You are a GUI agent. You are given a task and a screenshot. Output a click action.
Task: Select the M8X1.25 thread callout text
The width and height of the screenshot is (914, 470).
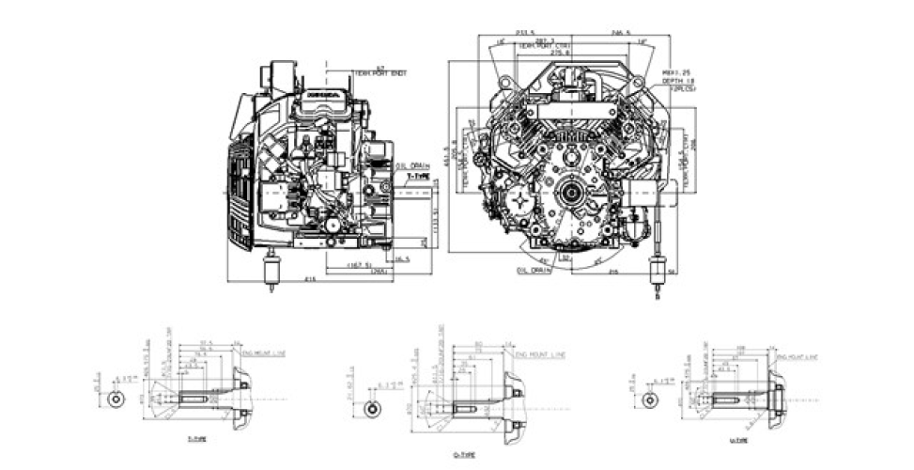click(x=677, y=72)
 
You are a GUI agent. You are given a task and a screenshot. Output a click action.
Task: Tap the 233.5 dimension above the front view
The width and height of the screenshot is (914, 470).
click(x=514, y=30)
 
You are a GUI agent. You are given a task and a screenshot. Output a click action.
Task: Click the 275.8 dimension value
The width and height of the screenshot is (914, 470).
click(x=561, y=53)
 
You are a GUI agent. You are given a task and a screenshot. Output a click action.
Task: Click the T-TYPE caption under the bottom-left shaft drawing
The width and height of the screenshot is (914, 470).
click(x=197, y=439)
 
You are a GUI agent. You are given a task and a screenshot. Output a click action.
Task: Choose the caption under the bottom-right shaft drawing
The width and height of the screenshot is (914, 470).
click(x=739, y=439)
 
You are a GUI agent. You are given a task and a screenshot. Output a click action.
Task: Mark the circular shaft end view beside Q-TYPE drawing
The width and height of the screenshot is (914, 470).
click(x=373, y=411)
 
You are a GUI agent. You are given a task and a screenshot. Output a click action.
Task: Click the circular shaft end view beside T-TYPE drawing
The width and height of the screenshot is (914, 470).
click(x=115, y=399)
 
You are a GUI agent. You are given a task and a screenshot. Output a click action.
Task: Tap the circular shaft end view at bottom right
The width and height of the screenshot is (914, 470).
click(x=649, y=399)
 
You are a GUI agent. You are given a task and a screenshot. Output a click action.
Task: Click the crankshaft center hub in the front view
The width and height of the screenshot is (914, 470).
click(x=569, y=195)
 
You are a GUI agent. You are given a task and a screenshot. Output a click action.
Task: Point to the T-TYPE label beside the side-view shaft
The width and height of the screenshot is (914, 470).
click(x=416, y=176)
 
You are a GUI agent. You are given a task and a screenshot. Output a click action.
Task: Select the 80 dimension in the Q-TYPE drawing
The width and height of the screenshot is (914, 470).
click(x=478, y=344)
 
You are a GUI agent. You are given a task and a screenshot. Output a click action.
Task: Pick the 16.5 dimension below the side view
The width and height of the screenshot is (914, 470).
click(x=403, y=258)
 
